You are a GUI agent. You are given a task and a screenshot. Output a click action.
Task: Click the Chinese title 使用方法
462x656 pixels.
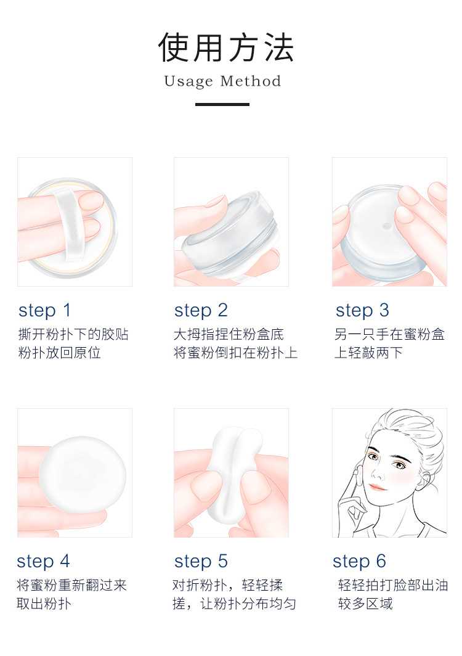pyautogui.click(x=226, y=47)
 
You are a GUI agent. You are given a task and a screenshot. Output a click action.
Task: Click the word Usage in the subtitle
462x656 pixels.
pyautogui.click(x=188, y=81)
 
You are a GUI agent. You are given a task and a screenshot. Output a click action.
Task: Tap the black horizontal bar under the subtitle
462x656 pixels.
pyautogui.click(x=222, y=104)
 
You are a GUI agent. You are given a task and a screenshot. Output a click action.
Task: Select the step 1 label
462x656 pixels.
pyautogui.click(x=45, y=311)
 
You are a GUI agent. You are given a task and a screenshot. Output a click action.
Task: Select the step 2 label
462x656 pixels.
pyautogui.click(x=201, y=311)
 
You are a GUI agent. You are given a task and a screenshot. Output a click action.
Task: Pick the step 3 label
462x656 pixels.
pyautogui.click(x=362, y=311)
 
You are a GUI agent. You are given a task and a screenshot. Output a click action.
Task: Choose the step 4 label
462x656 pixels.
pyautogui.click(x=43, y=562)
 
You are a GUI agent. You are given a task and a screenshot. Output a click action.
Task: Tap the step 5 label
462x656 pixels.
pyautogui.click(x=201, y=562)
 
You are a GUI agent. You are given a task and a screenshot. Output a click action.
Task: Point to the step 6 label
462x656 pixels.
pyautogui.click(x=359, y=562)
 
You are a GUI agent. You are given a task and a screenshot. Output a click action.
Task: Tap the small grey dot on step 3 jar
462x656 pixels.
pyautogui.click(x=387, y=226)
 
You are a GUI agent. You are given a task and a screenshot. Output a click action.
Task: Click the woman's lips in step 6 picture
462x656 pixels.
pyautogui.click(x=377, y=487)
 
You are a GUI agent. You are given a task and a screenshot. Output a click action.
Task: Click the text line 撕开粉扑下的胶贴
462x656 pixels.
pyautogui.click(x=73, y=334)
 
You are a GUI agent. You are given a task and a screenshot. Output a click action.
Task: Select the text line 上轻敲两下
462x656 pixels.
pyautogui.click(x=368, y=353)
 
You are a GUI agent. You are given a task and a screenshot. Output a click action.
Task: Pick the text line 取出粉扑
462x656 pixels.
pyautogui.click(x=44, y=604)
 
